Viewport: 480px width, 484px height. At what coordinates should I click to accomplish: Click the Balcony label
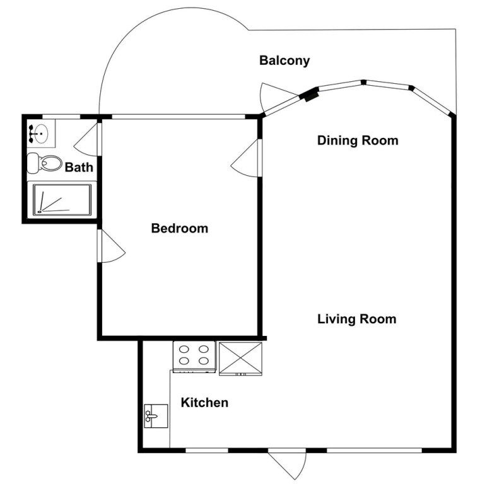[x=284, y=60]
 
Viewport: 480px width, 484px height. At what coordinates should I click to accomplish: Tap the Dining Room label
[x=358, y=141]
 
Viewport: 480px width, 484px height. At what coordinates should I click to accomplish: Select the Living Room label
[x=357, y=319]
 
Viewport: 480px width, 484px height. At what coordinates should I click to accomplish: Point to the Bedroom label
[x=180, y=228]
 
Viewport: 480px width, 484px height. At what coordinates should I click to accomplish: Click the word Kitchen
[x=204, y=403]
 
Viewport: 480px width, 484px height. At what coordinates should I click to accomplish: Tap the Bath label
[x=79, y=167]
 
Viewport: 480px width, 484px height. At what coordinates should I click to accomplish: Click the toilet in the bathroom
[x=45, y=163]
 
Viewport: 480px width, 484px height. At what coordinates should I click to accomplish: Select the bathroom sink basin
[x=38, y=134]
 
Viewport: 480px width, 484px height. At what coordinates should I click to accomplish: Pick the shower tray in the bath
[x=62, y=200]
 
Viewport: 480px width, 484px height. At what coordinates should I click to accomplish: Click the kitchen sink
[x=156, y=416]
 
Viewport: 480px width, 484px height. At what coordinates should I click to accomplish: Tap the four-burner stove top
[x=194, y=356]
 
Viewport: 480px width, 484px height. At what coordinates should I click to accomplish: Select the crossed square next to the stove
[x=240, y=359]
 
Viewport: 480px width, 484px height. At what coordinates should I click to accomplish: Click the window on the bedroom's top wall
[x=179, y=117]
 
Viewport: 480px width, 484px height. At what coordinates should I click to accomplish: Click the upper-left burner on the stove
[x=184, y=349]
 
